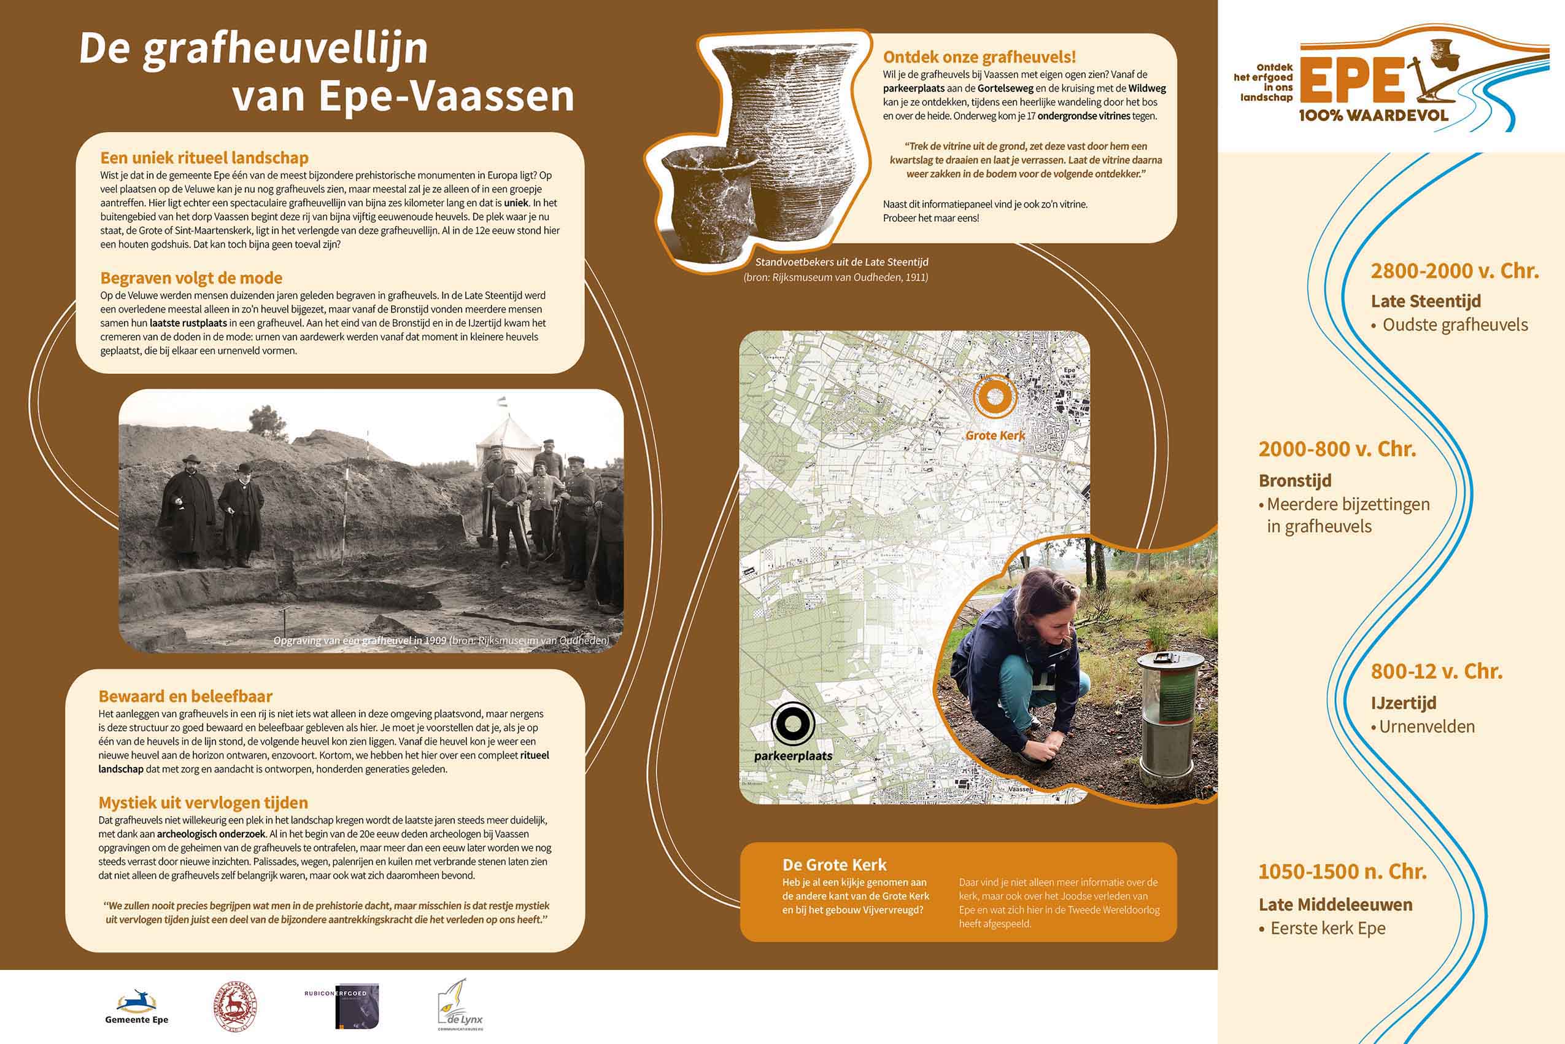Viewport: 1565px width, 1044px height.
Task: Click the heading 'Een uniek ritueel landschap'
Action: (x=204, y=158)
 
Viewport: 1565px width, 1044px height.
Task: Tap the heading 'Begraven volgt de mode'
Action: (x=191, y=278)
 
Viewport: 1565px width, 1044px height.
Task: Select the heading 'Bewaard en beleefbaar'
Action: (x=185, y=696)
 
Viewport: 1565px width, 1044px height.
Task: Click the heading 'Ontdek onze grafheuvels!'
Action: (x=979, y=57)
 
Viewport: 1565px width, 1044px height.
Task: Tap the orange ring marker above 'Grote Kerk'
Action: (x=995, y=396)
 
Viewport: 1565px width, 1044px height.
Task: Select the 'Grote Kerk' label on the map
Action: (x=995, y=435)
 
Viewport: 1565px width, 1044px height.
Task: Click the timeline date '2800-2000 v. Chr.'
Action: (x=1455, y=271)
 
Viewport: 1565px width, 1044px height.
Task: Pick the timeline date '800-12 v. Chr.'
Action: (x=1437, y=671)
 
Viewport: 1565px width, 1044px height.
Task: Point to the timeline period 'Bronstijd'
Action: (x=1295, y=481)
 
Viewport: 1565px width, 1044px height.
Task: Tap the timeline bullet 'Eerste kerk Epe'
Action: (x=1327, y=928)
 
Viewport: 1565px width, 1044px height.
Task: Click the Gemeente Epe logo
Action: (x=136, y=1006)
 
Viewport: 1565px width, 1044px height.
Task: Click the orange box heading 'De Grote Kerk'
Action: (x=835, y=865)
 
